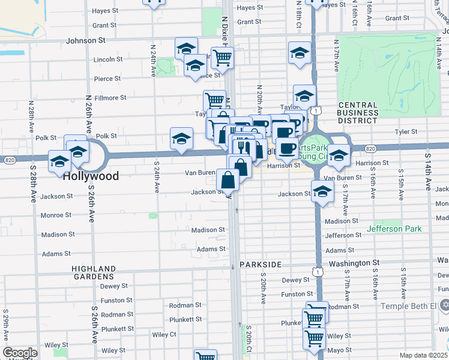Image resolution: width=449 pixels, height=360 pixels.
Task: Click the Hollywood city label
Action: click(91, 176)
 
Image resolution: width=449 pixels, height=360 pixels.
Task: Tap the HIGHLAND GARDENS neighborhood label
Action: click(93, 272)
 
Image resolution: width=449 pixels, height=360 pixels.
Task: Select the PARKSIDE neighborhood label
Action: click(260, 265)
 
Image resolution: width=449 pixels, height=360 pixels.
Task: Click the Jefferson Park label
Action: click(394, 229)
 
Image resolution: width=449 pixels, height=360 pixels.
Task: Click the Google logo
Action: click(20, 353)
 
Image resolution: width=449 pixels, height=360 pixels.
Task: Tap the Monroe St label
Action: click(56, 215)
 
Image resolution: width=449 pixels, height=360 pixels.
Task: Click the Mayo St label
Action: click(339, 350)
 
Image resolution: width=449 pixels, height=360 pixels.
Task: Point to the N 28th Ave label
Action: click(30, 118)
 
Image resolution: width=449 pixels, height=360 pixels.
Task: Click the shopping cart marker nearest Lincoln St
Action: click(222, 58)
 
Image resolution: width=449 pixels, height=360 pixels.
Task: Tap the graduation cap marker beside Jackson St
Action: click(323, 192)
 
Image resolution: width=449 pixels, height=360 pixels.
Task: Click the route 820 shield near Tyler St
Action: click(370, 149)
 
